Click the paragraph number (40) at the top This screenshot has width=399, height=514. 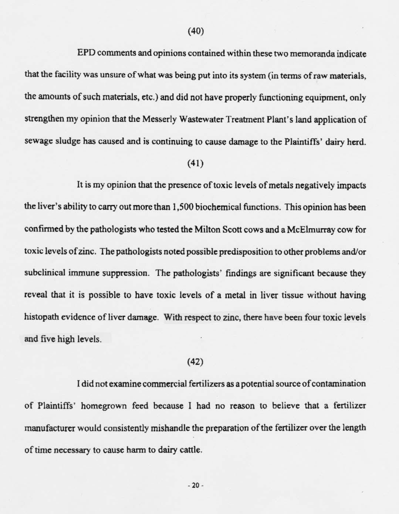pyautogui.click(x=196, y=31)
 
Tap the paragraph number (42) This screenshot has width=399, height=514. pyautogui.click(x=196, y=361)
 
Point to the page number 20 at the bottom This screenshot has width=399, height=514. pyautogui.click(x=196, y=485)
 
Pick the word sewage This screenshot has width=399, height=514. pyautogui.click(x=37, y=142)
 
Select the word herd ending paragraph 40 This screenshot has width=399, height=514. pyautogui.click(x=356, y=142)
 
